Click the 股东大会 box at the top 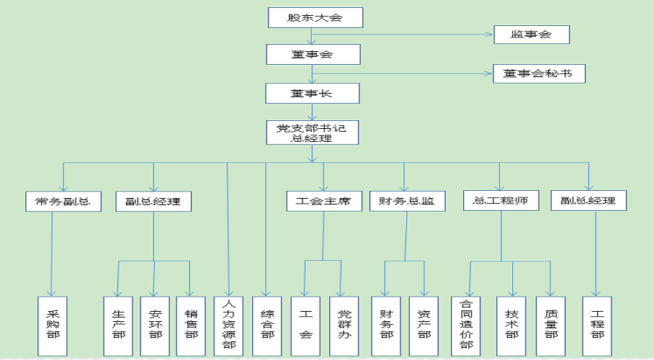click(x=314, y=17)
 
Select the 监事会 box click(x=532, y=34)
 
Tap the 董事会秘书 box click(x=539, y=73)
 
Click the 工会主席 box click(x=323, y=201)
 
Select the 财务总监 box click(x=407, y=201)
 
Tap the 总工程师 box click(x=501, y=201)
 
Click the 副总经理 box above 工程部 click(x=588, y=201)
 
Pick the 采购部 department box click(x=53, y=325)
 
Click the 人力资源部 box click(x=229, y=325)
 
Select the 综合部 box click(x=267, y=325)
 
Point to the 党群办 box click(x=344, y=325)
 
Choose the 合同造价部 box click(x=466, y=325)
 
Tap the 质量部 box click(x=550, y=325)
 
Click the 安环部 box click(x=155, y=325)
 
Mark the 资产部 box click(x=424, y=325)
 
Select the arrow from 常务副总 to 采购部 click(x=52, y=252)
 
